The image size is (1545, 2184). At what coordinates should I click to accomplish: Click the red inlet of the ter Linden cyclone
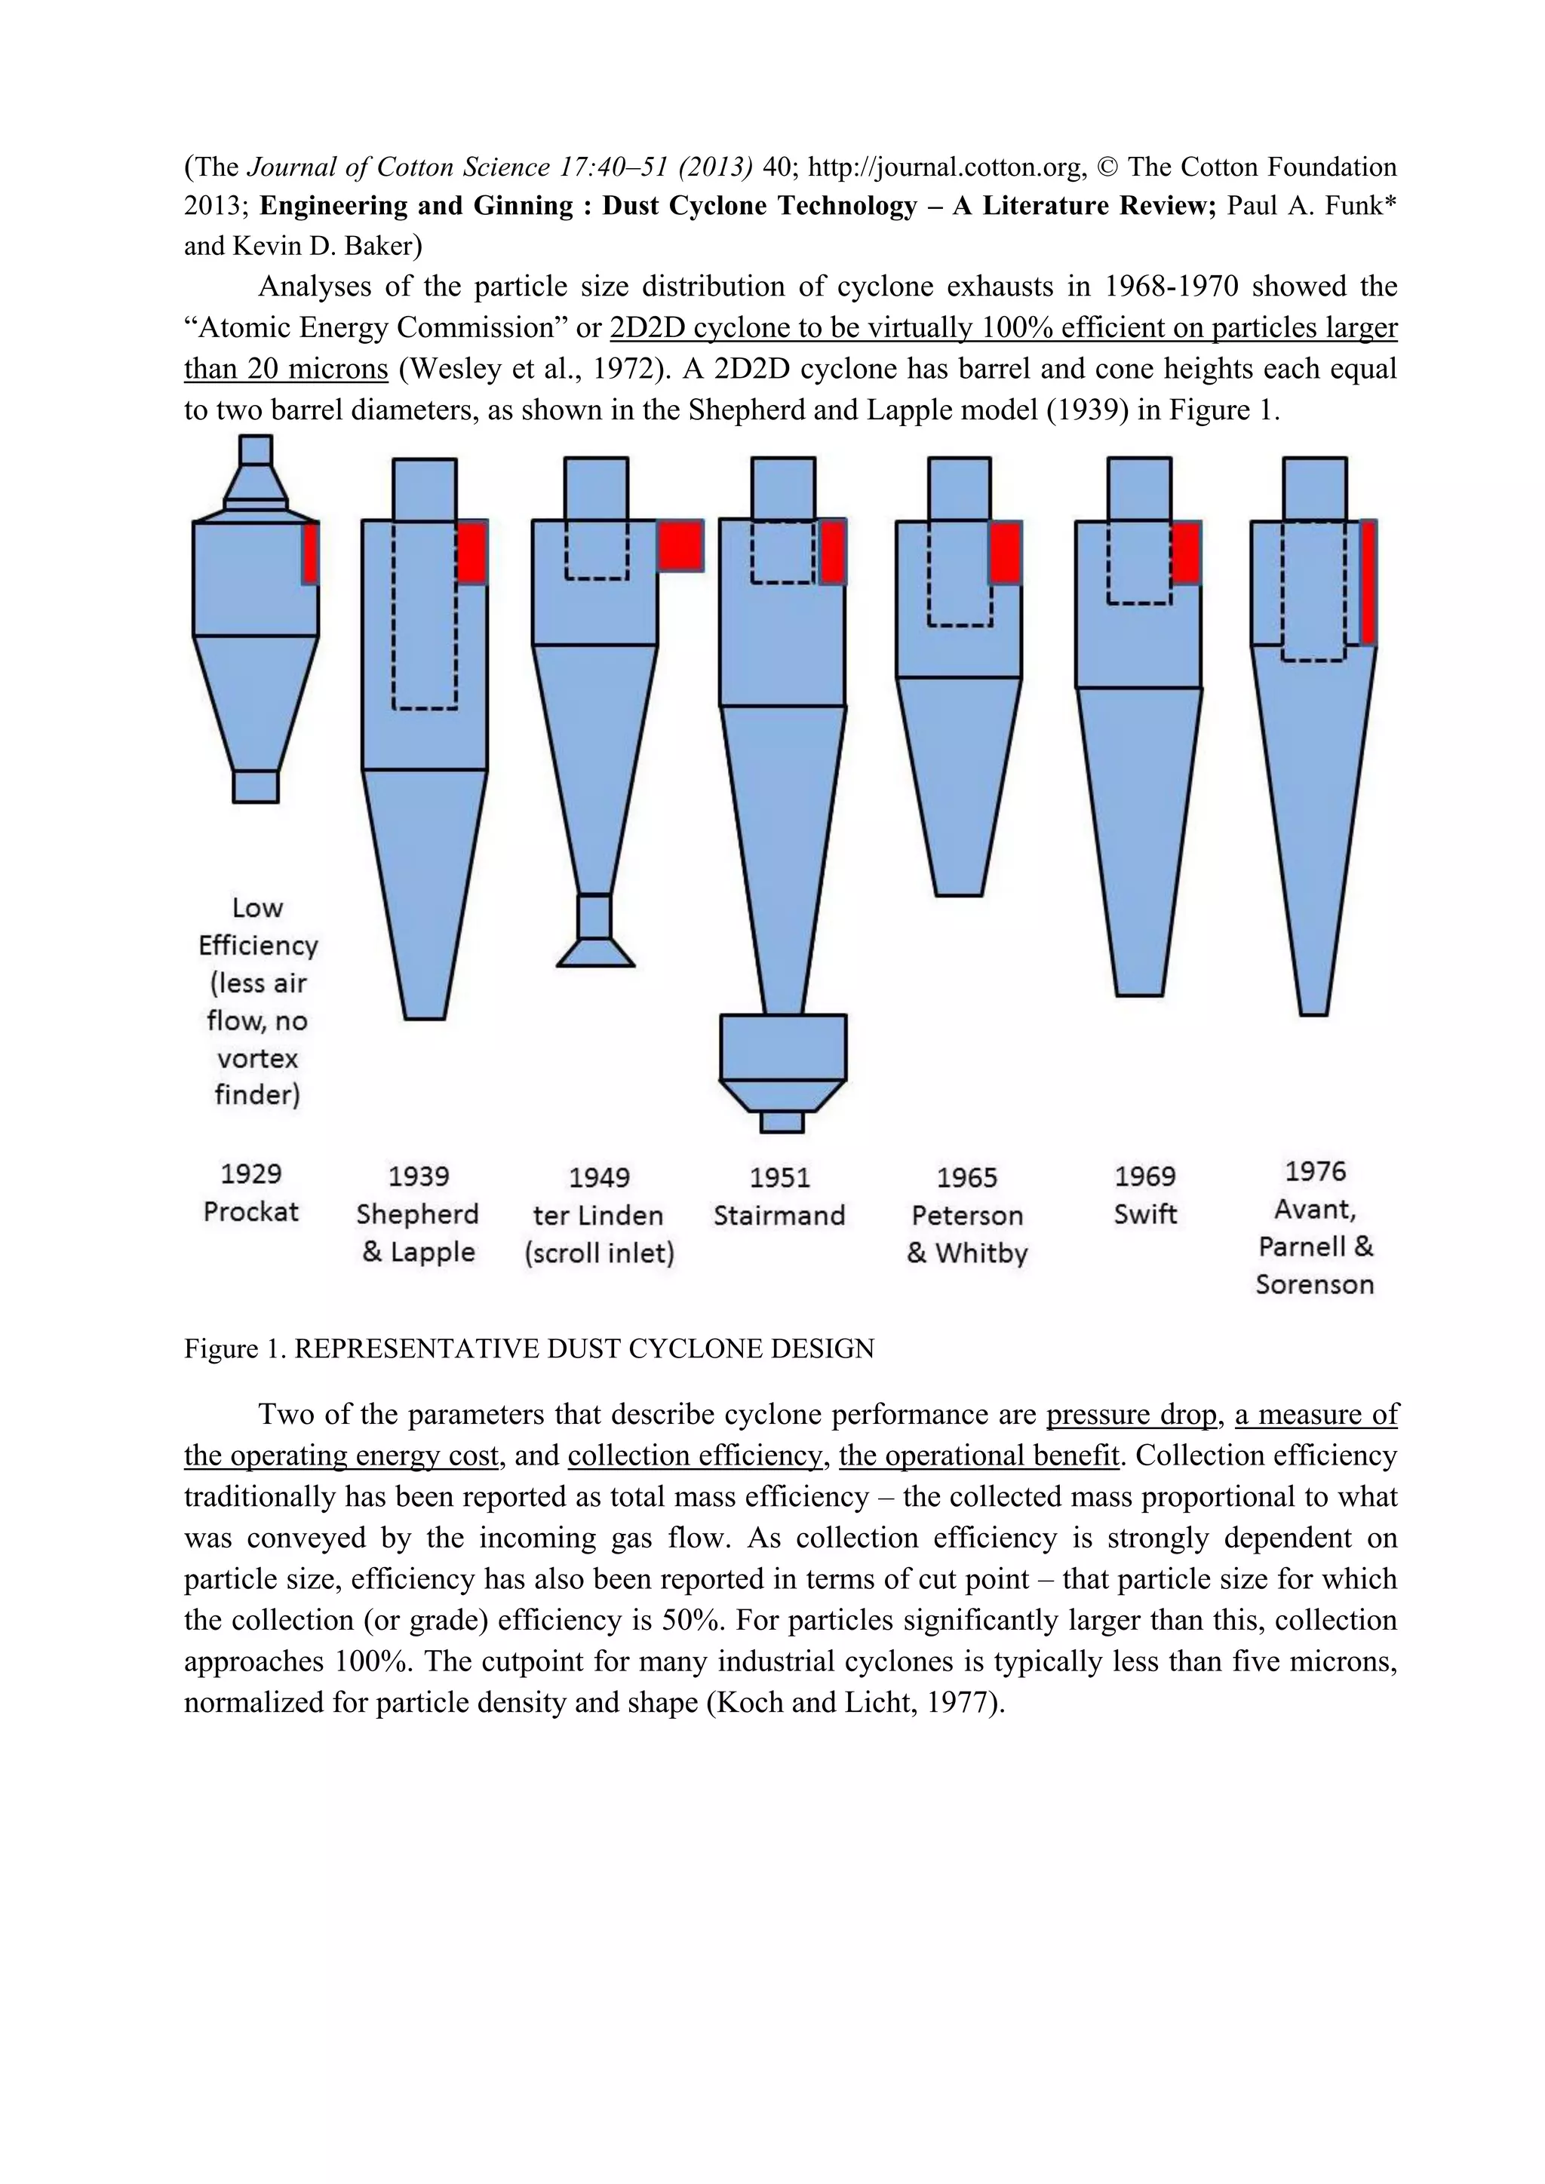pos(680,545)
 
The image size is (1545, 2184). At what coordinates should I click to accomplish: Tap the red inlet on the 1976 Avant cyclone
pos(1368,582)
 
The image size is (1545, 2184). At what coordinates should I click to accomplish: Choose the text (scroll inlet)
pos(599,1253)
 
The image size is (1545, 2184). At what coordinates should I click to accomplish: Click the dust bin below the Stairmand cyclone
pos(783,1046)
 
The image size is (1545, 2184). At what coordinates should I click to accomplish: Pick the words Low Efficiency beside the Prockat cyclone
pos(258,927)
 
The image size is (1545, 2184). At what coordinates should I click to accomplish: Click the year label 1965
pos(966,1178)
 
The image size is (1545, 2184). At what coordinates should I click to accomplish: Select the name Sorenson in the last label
pos(1315,1284)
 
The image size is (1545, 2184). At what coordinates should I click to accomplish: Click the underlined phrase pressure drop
pos(1131,1415)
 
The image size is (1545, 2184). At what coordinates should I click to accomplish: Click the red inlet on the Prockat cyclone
pos(310,553)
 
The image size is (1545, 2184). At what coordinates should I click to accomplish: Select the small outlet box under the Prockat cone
pos(256,786)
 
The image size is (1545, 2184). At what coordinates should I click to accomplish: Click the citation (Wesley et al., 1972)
pos(536,368)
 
